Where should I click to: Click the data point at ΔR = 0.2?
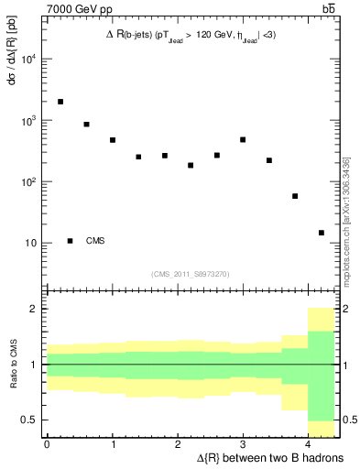pos(60,102)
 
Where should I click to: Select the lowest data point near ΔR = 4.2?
pos(322,233)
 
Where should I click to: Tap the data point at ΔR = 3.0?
pos(243,139)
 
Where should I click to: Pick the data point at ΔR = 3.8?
pos(295,196)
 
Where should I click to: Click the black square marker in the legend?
pos(70,241)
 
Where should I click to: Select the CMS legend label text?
pos(95,241)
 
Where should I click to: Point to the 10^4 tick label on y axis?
pos(29,60)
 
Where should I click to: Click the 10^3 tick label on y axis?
pos(29,121)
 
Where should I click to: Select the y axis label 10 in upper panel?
pos(32,244)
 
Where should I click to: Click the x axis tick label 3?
pos(243,444)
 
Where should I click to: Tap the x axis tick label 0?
pos(47,444)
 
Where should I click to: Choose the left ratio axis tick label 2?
pos(36,309)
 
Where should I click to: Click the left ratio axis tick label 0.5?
pos(31,420)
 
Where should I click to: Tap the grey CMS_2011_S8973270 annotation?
pos(191,273)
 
